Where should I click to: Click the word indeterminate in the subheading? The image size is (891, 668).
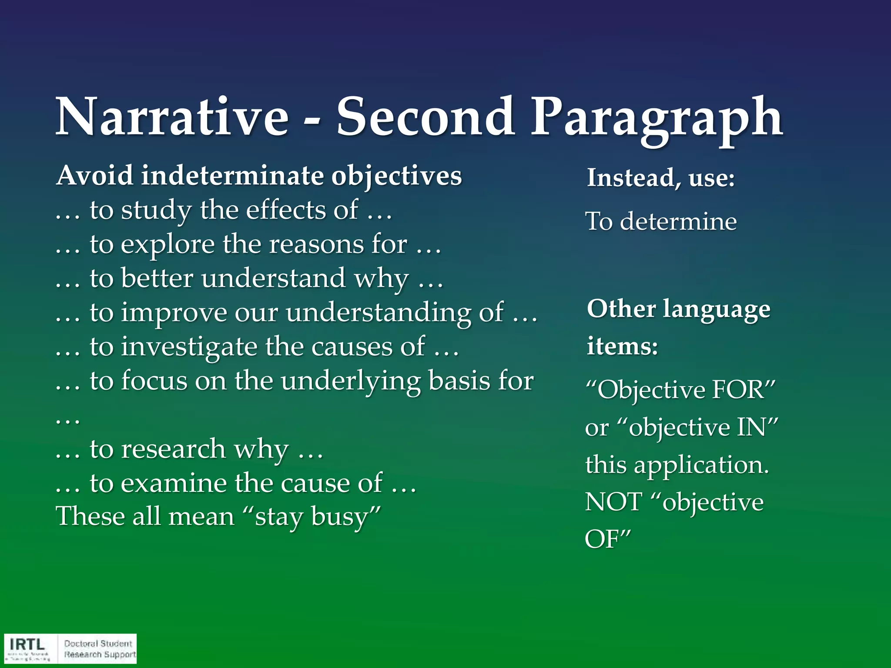(232, 176)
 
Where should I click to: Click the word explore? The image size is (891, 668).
(167, 245)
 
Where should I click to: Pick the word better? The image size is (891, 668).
(157, 278)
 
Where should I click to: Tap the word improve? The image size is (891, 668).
(174, 313)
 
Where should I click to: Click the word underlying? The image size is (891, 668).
(350, 381)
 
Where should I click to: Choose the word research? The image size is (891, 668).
(173, 449)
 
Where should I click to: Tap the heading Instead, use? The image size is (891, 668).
(660, 178)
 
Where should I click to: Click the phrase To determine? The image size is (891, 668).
(660, 221)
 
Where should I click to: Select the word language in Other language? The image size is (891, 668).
(717, 309)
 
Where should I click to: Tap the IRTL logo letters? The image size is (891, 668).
(27, 644)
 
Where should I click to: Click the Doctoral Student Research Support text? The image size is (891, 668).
(99, 649)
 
